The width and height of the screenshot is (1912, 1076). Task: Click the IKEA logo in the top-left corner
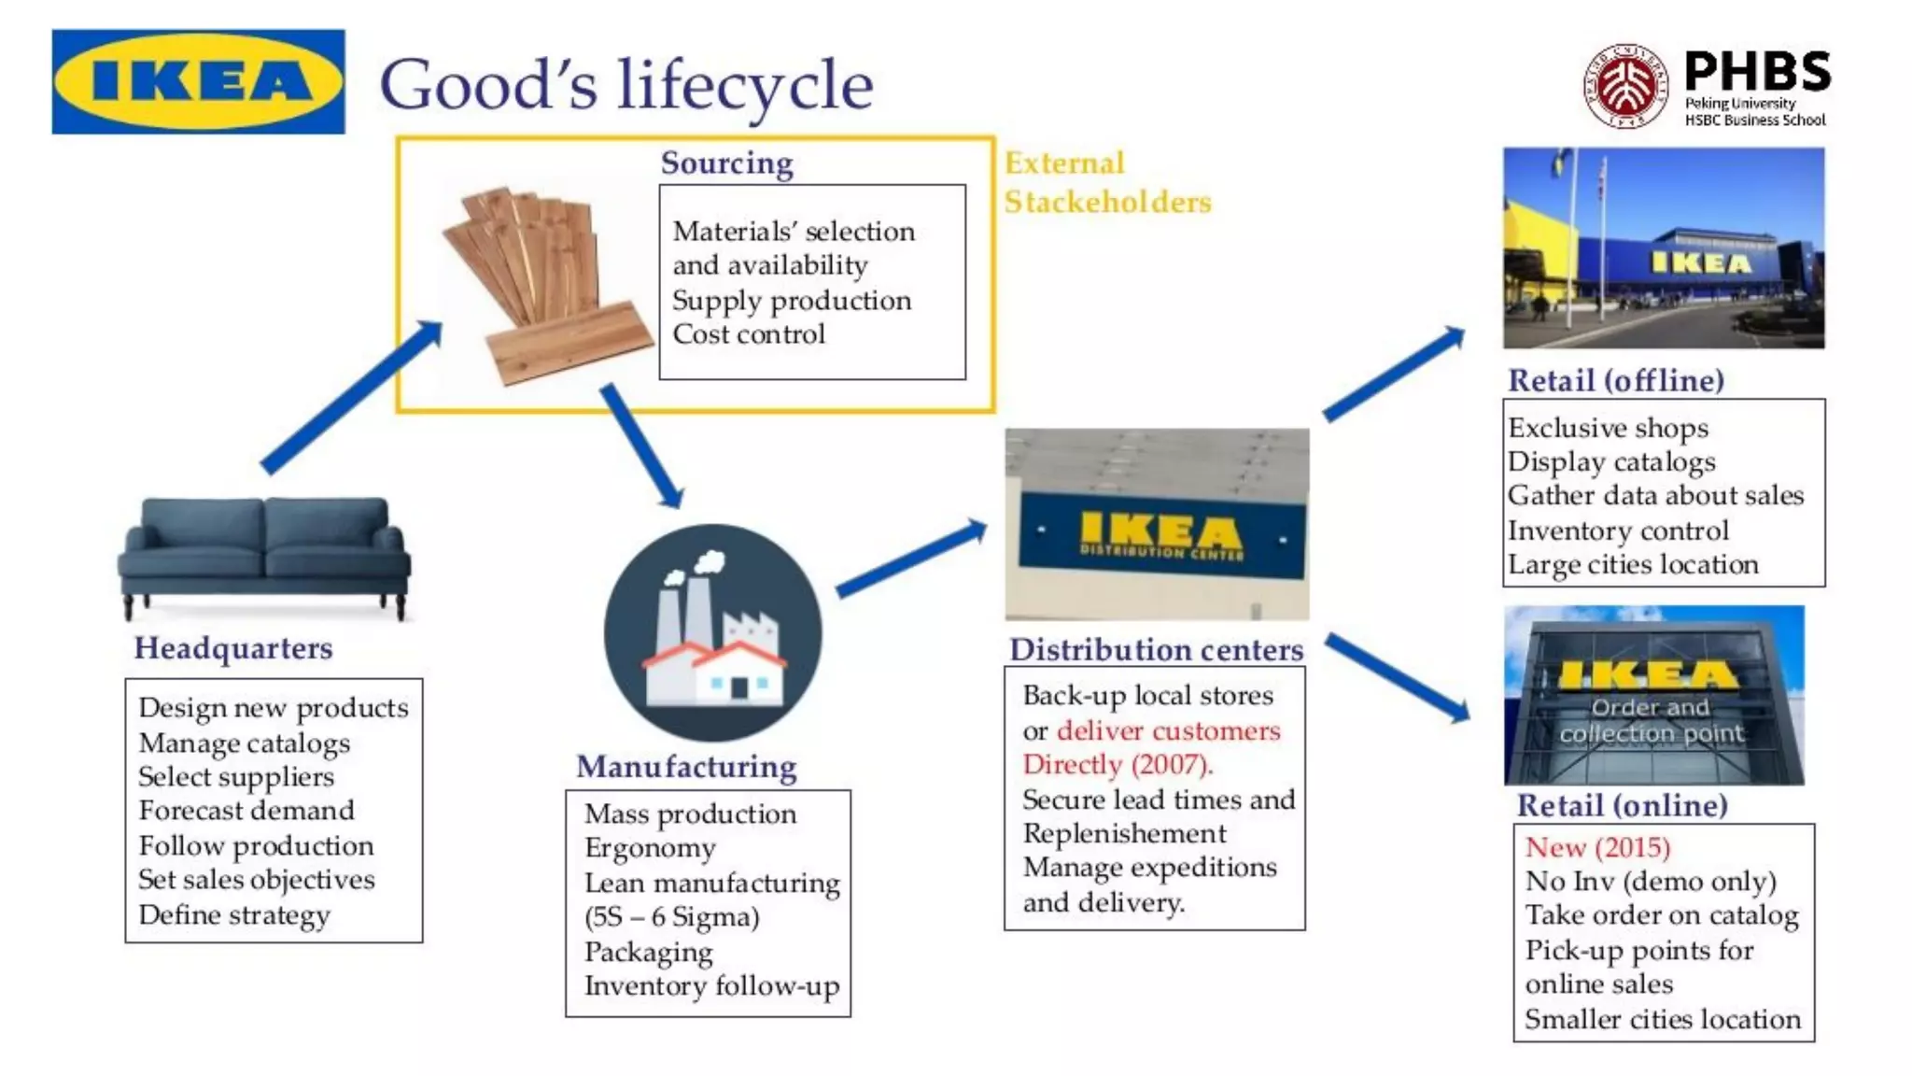(198, 81)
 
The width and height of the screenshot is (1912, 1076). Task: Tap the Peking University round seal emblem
(1625, 85)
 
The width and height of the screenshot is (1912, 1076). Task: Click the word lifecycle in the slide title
(744, 86)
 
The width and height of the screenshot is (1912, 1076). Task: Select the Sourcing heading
(726, 163)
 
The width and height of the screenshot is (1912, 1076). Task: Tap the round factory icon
(712, 632)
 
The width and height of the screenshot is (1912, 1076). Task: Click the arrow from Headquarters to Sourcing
(351, 396)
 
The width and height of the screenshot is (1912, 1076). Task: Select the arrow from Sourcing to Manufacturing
(641, 445)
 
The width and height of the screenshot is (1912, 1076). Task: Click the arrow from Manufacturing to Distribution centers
(911, 559)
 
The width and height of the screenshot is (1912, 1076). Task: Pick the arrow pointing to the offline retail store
(1394, 374)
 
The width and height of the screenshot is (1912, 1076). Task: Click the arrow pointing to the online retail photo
(1398, 675)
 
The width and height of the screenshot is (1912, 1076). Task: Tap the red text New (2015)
(1597, 847)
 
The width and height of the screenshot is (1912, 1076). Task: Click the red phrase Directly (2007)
(1117, 765)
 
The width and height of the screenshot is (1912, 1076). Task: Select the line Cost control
(749, 334)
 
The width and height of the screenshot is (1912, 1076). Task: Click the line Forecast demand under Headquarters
(246, 810)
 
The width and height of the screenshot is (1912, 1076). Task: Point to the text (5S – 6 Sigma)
(671, 917)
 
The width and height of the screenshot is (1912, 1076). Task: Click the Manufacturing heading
(686, 767)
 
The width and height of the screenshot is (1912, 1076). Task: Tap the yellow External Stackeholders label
(1107, 183)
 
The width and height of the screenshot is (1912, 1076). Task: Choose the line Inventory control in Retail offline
(1618, 531)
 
